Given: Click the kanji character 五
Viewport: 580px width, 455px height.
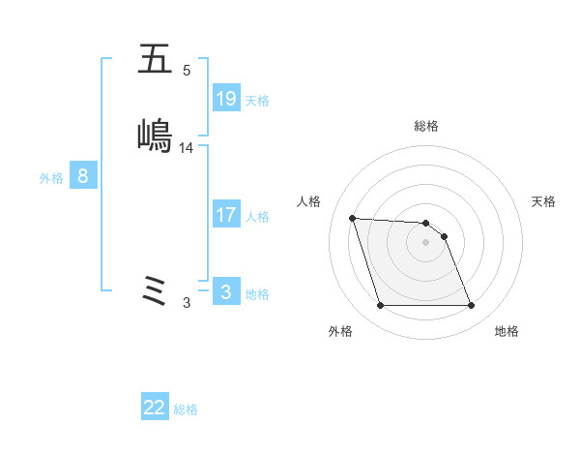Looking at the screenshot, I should coord(155,61).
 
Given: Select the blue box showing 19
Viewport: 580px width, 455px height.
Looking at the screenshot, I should coord(226,98).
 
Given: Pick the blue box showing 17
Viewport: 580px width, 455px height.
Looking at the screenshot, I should coord(226,215).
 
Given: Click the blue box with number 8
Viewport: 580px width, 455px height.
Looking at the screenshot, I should coord(83,176).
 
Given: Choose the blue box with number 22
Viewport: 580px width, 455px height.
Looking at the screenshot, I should coord(155,408).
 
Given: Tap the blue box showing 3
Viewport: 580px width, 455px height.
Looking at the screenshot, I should coord(226,291).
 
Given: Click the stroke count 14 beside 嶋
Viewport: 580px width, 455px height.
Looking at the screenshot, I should coord(187,148).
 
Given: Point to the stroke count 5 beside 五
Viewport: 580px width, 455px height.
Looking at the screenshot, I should coord(187,71).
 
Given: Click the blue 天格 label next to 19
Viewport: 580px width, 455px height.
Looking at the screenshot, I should coord(257,100).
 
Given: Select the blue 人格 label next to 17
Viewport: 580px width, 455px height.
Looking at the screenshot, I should coord(257,217).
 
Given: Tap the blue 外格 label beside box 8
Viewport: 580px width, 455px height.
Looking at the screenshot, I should coord(51,178).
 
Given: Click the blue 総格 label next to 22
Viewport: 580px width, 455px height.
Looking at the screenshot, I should coord(186,409).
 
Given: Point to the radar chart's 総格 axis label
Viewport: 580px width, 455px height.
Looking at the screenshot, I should coord(426,126).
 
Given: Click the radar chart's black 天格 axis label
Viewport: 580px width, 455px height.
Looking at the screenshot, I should coord(543,201).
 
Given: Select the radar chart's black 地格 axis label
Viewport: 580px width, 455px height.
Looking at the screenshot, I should coord(507,331).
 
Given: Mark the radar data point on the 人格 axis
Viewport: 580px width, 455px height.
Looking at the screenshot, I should coord(353,218).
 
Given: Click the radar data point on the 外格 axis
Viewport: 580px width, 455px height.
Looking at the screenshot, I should coord(380,306).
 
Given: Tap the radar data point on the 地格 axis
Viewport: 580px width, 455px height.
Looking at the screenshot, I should coord(472,306).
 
